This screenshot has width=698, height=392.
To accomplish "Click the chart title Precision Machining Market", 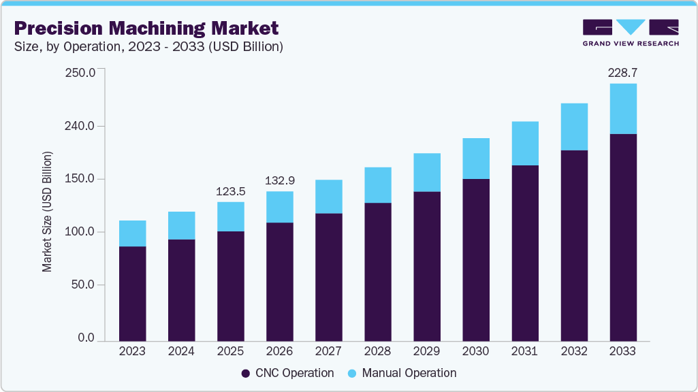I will pyautogui.click(x=146, y=28).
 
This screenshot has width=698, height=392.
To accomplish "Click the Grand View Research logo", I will pyautogui.click(x=631, y=33).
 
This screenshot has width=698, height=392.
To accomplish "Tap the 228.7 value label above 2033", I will pyautogui.click(x=622, y=72).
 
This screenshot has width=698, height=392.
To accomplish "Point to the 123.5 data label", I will pyautogui.click(x=230, y=191).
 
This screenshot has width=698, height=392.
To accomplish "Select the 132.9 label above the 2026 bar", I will pyautogui.click(x=279, y=180).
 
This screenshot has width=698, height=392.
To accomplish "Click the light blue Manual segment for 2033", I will pyautogui.click(x=622, y=109).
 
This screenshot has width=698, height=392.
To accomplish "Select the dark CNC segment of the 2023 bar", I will pyautogui.click(x=132, y=293).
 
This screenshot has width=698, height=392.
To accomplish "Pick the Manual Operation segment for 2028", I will pyautogui.click(x=377, y=185).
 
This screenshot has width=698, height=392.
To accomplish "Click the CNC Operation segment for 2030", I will pyautogui.click(x=475, y=259).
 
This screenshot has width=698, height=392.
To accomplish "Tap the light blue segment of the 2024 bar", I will pyautogui.click(x=181, y=225).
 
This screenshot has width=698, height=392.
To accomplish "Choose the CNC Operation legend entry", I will pyautogui.click(x=287, y=373).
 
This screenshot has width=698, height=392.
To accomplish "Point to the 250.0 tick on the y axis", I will pyautogui.click(x=80, y=73).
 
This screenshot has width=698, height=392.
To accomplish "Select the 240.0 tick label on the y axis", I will pyautogui.click(x=80, y=126).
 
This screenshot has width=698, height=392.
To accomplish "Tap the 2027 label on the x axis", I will pyautogui.click(x=328, y=351).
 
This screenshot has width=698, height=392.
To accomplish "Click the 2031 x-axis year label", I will pyautogui.click(x=524, y=351).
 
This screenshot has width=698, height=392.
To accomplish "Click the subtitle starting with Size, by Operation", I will pyautogui.click(x=148, y=47).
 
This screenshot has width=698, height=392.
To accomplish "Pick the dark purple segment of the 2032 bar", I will pyautogui.click(x=573, y=245).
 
